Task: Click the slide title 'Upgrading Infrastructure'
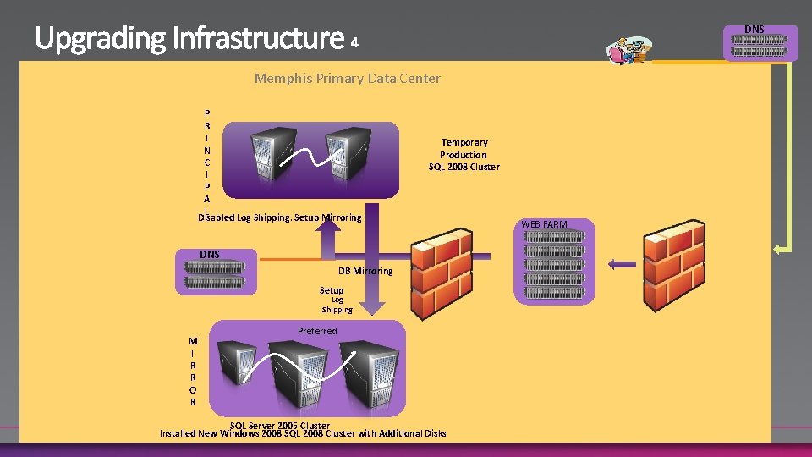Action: [x=189, y=38]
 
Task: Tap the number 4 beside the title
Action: [x=355, y=41]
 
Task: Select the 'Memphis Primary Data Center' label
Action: [x=347, y=79]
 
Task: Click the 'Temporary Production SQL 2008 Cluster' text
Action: [x=464, y=155]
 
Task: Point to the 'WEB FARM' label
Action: [x=544, y=224]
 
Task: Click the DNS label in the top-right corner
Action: [x=754, y=30]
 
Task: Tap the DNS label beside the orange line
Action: [x=209, y=255]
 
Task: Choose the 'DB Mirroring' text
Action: [x=365, y=271]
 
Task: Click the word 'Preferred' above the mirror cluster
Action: [x=317, y=331]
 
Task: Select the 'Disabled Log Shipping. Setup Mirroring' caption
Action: [x=280, y=217]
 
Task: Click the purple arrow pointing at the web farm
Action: [x=622, y=264]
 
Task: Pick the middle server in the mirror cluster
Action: [x=303, y=377]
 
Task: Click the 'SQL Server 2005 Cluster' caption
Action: [x=280, y=425]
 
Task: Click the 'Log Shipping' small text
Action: [x=337, y=304]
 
